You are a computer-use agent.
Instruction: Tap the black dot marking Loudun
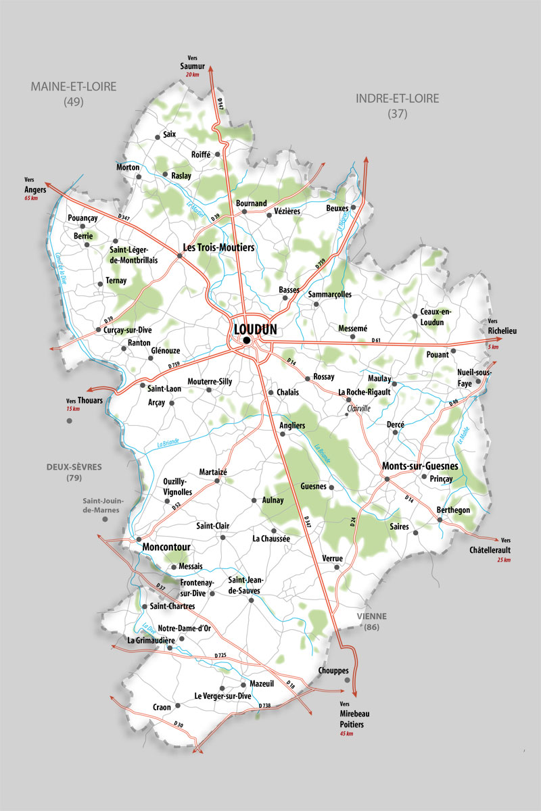point(248,340)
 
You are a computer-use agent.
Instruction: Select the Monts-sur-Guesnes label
point(420,466)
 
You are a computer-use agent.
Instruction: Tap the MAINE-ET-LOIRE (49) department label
point(73,93)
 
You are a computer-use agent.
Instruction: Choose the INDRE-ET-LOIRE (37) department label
point(397,105)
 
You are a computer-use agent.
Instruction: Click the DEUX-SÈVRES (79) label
point(73,472)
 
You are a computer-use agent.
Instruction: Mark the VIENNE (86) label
point(372,622)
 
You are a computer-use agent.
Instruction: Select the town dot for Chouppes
point(346,680)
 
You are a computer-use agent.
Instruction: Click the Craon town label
point(162,707)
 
